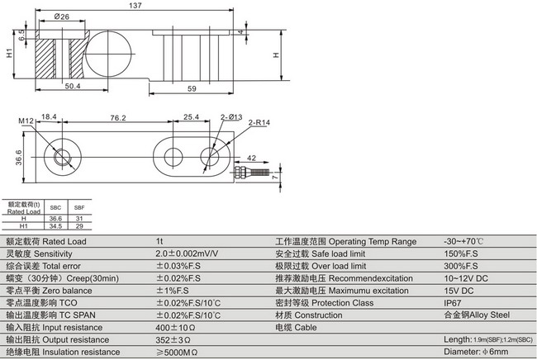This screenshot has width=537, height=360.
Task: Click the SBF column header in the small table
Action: coord(79,207)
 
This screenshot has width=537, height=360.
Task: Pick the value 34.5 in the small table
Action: coord(56,225)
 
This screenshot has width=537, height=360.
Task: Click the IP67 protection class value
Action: coord(453,304)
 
